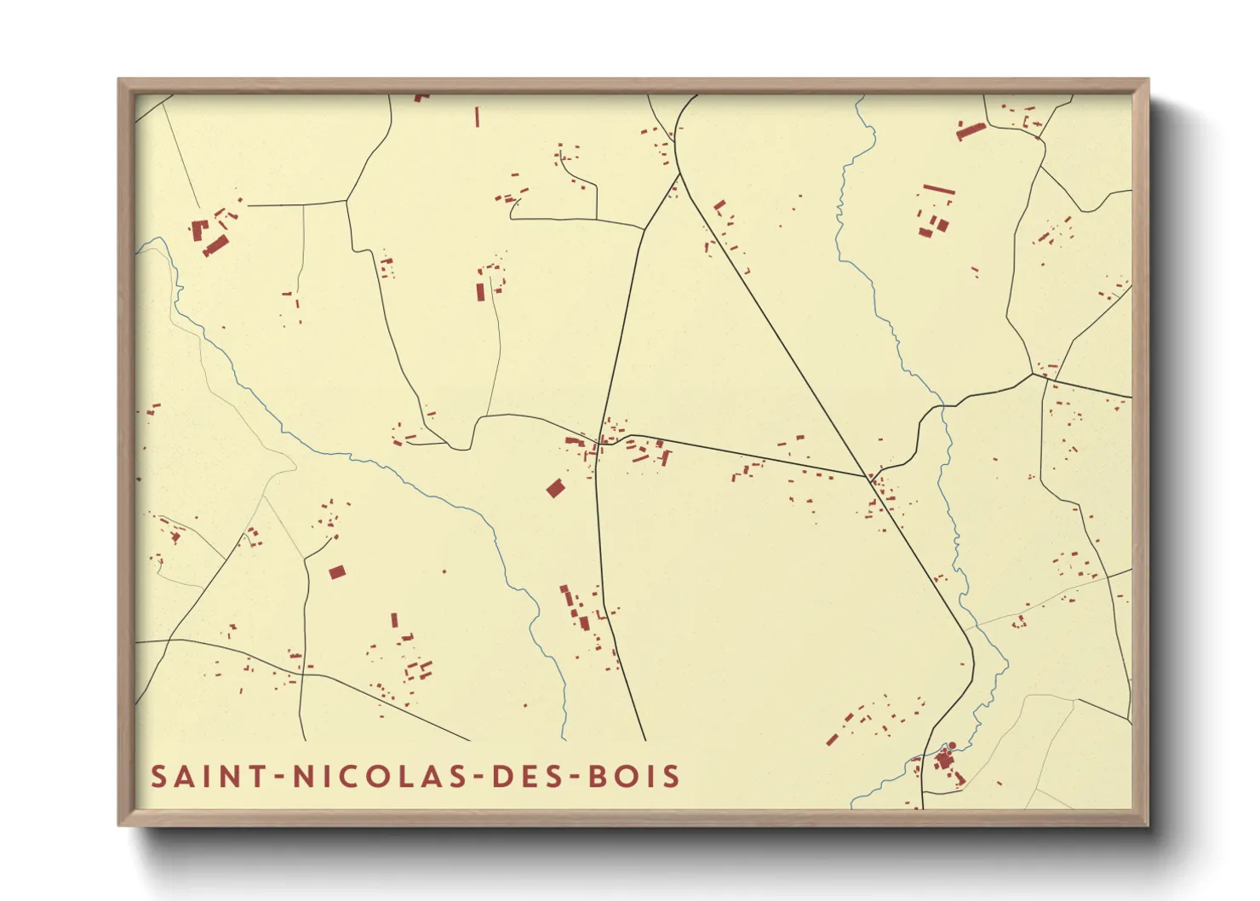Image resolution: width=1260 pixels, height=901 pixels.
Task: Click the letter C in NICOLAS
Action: coord(357,777)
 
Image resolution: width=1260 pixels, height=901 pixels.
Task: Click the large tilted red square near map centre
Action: coord(556,488)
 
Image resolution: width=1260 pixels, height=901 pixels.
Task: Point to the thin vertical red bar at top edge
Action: coord(477,117)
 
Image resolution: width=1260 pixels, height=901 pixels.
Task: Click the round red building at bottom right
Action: coord(953,746)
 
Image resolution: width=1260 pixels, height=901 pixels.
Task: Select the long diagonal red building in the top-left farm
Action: coord(215,245)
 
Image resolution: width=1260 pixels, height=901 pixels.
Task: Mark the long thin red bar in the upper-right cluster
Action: coord(939,189)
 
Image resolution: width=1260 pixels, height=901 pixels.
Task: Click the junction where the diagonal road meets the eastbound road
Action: coord(868,478)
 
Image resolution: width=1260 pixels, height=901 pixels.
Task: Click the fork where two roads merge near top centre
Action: coord(679,174)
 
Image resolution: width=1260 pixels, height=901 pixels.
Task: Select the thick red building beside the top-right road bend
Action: coord(971,131)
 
